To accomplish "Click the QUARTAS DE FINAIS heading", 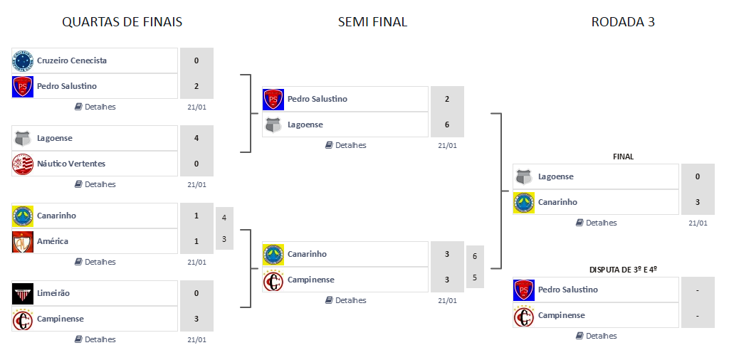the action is [122, 22].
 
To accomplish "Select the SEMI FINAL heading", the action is [372, 22].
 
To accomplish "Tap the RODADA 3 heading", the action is [623, 22].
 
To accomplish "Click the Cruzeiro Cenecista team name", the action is [72, 60].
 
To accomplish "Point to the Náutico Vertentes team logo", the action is [23, 164].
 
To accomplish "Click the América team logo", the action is [23, 241].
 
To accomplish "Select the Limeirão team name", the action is [53, 293].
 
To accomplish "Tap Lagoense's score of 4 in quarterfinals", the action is [196, 138].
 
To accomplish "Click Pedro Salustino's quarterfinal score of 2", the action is [196, 86].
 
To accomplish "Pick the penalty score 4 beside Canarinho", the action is [224, 217].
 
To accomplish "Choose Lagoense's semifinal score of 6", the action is [447, 125].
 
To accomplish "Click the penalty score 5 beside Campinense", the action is [475, 277].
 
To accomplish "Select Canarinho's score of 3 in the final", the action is [698, 202].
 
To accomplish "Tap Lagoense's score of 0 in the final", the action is [698, 176].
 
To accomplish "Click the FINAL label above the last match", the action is [623, 157].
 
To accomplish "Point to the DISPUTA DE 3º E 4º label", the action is [623, 270].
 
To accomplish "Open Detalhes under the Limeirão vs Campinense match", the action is [95, 339].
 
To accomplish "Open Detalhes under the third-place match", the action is [597, 336].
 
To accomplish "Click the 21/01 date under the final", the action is [698, 223].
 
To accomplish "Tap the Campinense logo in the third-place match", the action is [524, 315].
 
